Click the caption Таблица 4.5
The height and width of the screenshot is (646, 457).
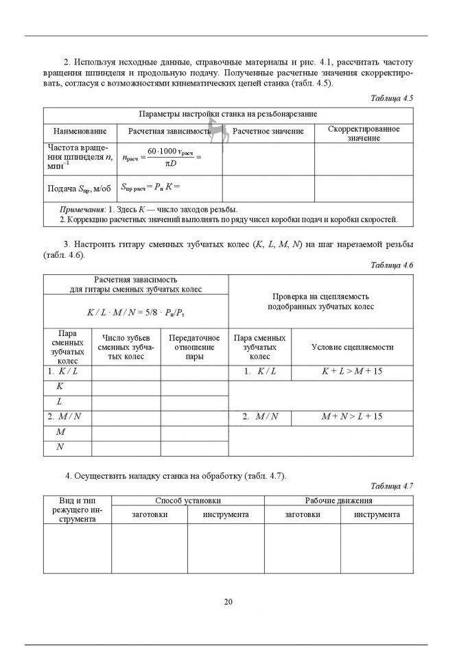point(392,98)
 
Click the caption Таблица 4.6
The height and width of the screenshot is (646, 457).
point(392,265)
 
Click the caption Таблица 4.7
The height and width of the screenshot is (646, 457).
point(392,486)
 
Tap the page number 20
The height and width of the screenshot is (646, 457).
point(228,602)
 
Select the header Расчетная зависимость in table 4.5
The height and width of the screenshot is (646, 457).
point(169,130)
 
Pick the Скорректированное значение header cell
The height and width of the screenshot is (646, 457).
point(364,133)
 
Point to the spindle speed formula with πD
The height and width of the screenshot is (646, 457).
point(162,158)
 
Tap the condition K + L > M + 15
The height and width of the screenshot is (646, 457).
point(352,371)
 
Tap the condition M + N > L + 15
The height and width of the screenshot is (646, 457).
point(352,416)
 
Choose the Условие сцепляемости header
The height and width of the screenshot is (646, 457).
point(352,347)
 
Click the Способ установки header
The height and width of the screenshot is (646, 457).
point(188,501)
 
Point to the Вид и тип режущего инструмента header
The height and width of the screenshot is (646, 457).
point(77,510)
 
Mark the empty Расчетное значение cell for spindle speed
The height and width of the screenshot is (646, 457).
point(268,158)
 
